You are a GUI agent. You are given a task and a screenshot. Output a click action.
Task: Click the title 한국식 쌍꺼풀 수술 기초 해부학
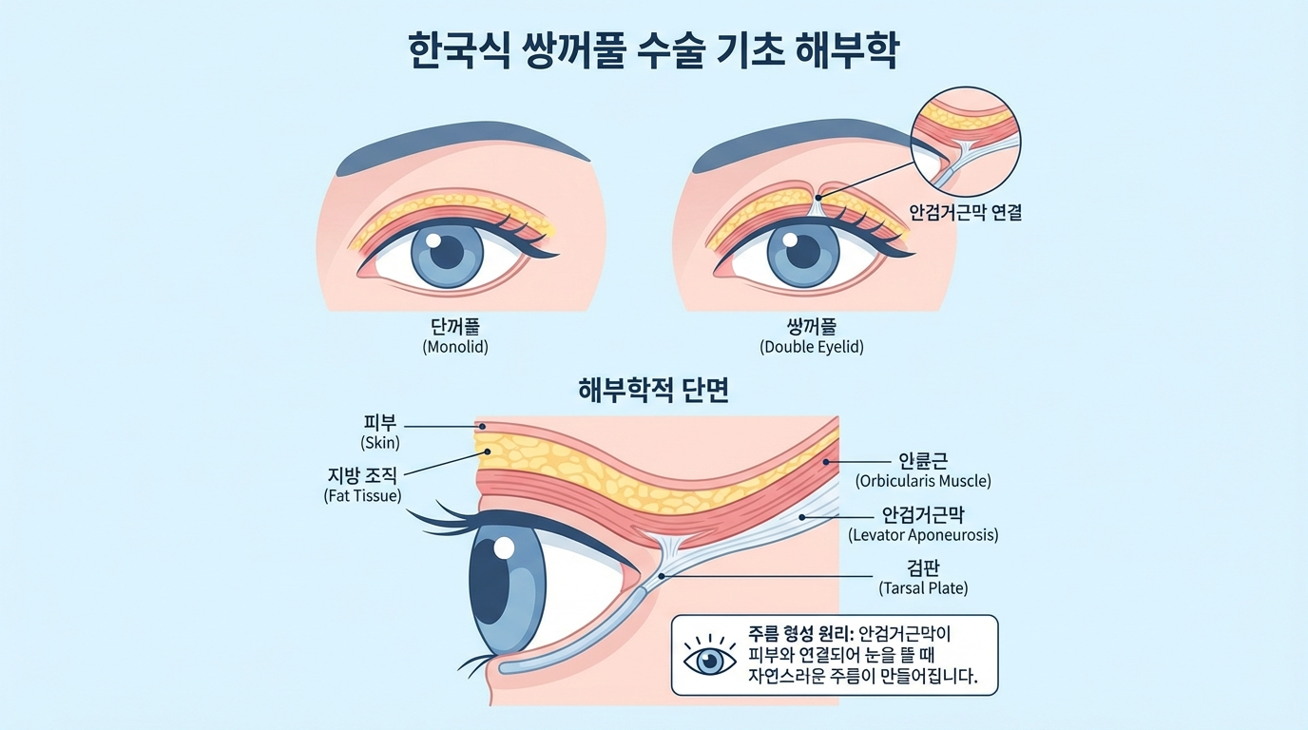653,49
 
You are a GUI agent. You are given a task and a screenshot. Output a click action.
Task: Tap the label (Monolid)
455,348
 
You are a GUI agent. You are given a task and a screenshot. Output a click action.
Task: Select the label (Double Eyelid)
812,348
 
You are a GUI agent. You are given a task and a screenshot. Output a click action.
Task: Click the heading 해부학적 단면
653,390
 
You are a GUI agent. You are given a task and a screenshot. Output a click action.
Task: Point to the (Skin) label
380,443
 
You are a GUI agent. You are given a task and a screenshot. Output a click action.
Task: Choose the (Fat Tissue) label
362,495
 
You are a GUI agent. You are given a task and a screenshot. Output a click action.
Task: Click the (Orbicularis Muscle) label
923,481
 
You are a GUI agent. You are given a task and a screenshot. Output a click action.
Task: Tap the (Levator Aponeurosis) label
923,535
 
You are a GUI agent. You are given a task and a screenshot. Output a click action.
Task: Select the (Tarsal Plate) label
923,588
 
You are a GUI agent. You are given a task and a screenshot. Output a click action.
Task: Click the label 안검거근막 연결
966,213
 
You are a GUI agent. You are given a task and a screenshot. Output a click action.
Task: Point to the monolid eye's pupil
447,252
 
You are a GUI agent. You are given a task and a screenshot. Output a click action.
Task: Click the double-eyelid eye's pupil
804,252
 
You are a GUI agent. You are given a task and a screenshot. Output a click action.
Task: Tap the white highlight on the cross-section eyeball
504,547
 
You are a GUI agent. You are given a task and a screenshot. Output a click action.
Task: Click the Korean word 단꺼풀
455,328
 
